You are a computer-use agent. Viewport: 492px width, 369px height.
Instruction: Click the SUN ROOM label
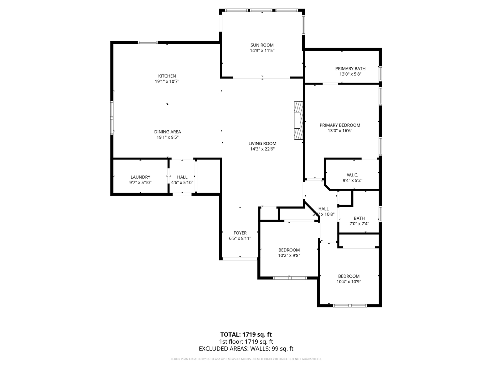point(262,45)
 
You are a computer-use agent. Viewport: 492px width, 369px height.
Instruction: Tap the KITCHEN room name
point(167,76)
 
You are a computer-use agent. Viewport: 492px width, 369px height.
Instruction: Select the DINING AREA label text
point(167,132)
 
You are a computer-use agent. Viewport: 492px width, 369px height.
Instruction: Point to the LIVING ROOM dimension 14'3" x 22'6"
point(262,149)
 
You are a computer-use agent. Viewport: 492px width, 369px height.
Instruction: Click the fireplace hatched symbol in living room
point(298,120)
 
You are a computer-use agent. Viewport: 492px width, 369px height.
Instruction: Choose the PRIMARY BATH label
point(350,68)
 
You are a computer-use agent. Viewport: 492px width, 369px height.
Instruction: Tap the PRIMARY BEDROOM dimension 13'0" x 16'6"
point(340,131)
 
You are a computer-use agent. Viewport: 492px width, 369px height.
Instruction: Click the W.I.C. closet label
point(352,175)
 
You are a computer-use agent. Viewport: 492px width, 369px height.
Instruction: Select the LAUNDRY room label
point(140,177)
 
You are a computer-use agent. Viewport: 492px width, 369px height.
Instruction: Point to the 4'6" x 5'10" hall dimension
point(182,183)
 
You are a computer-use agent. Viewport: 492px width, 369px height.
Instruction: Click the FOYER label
point(240,233)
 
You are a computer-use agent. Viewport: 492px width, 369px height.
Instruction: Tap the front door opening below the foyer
point(240,259)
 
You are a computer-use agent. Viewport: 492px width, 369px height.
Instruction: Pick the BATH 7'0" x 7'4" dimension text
point(359,224)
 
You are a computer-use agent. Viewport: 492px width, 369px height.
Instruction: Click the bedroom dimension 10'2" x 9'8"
point(289,255)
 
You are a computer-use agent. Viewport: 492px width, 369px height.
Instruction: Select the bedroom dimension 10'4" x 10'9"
point(349,281)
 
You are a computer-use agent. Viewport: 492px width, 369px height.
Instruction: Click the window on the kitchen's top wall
point(148,42)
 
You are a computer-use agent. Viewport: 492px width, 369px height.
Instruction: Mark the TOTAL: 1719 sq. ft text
point(246,334)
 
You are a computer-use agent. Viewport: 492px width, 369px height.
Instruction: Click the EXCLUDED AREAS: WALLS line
point(246,349)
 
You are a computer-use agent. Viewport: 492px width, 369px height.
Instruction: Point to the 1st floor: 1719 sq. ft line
point(246,342)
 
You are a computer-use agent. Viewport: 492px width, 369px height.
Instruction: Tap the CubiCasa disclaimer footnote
point(246,359)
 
